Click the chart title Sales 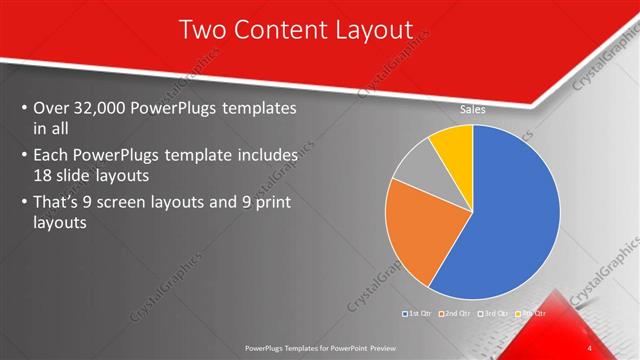click(473, 109)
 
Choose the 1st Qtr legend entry click(417, 314)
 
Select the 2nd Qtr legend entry click(458, 314)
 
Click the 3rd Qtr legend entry click(497, 314)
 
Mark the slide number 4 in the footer click(590, 347)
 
